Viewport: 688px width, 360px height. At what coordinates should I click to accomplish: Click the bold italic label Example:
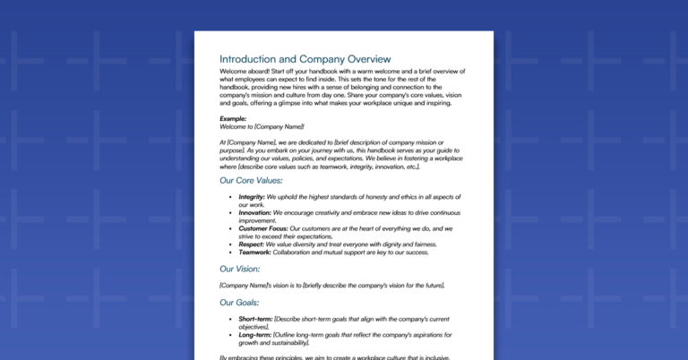tap(233, 118)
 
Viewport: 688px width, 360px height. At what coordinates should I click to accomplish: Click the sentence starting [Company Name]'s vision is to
tap(332, 286)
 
